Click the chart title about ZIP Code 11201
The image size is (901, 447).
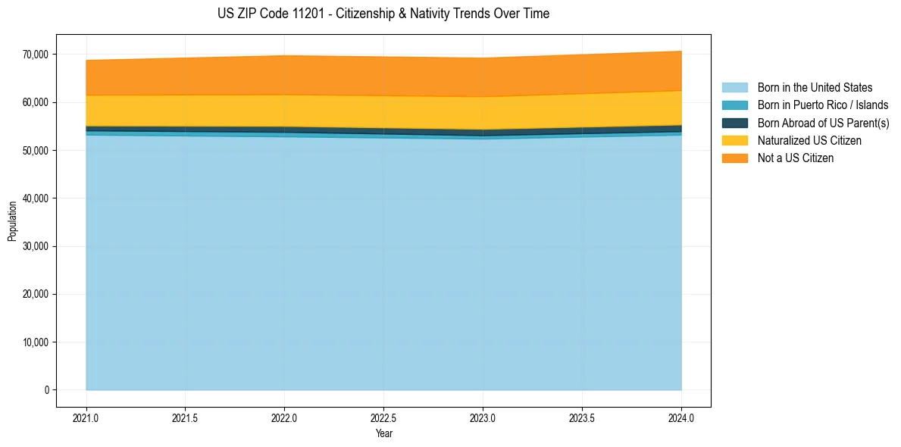[383, 14]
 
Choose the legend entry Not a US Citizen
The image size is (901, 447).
[796, 158]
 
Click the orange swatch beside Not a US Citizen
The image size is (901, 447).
[734, 158]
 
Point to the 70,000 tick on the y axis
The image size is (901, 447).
[36, 55]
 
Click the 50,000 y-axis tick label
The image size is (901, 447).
[36, 151]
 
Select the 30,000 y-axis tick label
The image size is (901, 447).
[36, 246]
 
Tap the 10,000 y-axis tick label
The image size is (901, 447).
[36, 342]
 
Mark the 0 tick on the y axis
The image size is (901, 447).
[46, 390]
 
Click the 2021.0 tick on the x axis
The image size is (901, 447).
[86, 417]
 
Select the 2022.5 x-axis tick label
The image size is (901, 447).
[383, 417]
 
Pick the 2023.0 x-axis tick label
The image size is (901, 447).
[483, 417]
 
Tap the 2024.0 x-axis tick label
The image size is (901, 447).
[681, 417]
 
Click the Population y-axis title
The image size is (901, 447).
[12, 221]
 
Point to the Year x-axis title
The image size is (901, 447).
[383, 434]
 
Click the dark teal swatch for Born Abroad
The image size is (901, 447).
[734, 123]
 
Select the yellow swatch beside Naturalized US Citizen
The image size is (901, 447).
[734, 140]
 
